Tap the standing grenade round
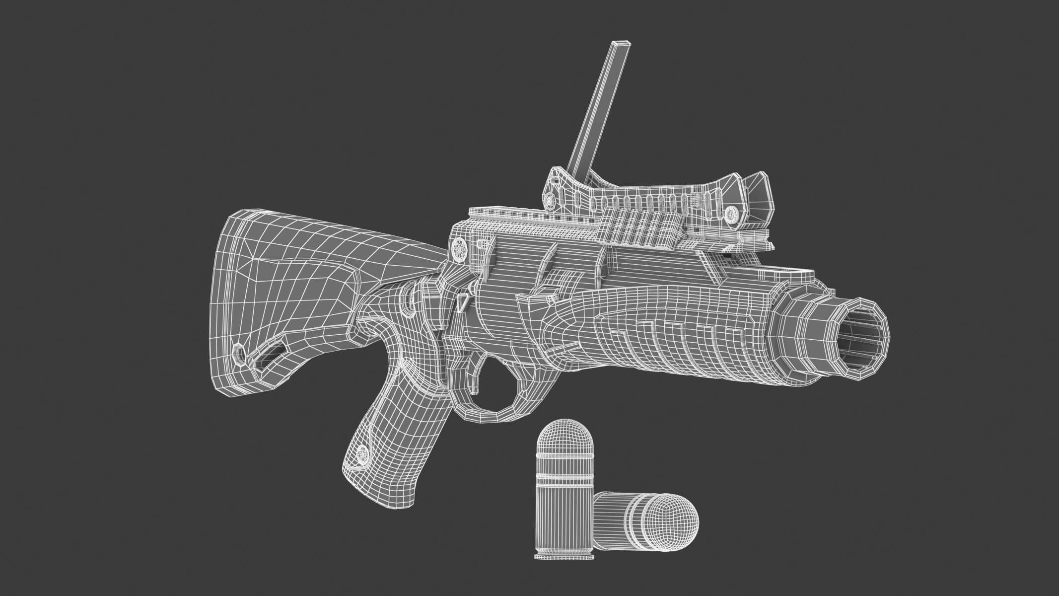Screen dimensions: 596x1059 563,487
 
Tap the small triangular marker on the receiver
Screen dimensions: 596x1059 462,301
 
